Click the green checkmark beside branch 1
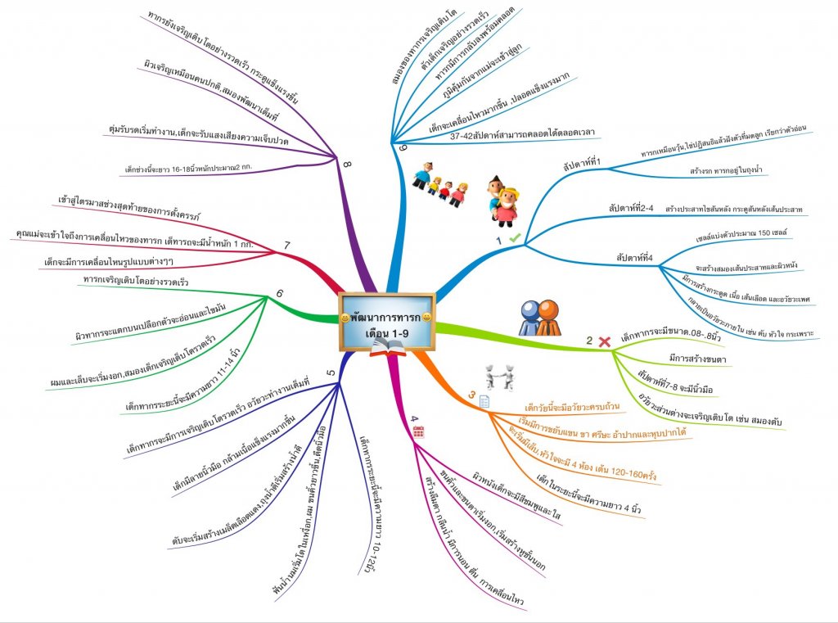point(515,237)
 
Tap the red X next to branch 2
point(606,341)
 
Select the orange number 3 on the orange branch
point(471,396)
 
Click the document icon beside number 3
point(484,400)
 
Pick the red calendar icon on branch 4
point(418,432)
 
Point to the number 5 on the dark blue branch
point(331,374)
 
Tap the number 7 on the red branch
point(287,245)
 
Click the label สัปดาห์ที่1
point(582,164)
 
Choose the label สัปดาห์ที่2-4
point(630,210)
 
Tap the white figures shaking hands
point(499,377)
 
